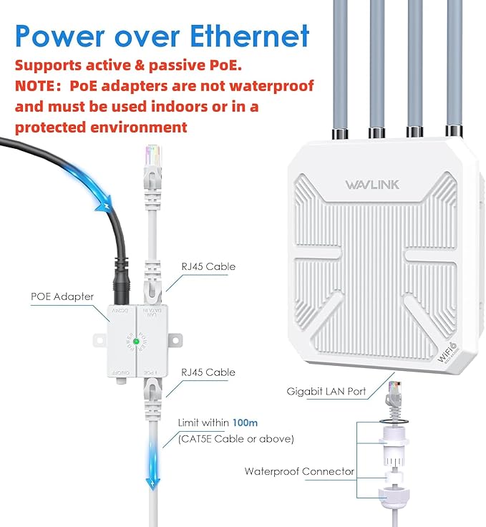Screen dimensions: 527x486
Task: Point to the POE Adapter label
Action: (62, 296)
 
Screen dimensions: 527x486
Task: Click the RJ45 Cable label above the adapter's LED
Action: (209, 267)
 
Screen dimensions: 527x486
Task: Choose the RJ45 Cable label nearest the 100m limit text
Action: (209, 372)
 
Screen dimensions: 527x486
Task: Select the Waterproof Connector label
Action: (299, 471)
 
